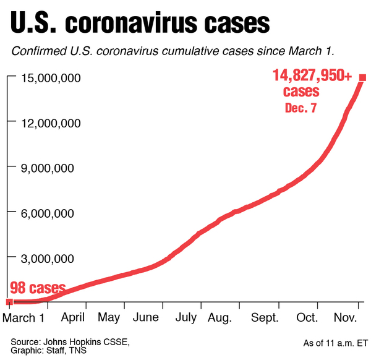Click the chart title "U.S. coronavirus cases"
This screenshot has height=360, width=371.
139,23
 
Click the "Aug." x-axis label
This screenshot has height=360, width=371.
220,319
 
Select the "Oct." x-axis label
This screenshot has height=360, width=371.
307,319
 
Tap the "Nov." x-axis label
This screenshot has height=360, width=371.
346,319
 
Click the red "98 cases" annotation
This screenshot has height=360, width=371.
38,288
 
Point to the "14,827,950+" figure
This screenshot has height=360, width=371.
312,76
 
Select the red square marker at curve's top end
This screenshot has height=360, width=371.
363,77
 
